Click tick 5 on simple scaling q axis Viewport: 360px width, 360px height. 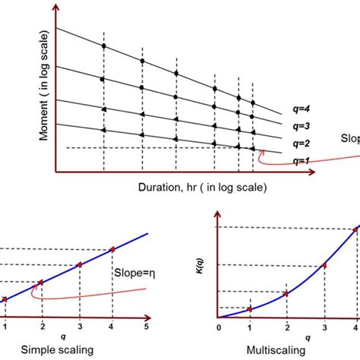(147, 328)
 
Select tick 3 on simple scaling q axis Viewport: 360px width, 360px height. (78, 328)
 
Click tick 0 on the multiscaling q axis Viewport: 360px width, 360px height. (218, 328)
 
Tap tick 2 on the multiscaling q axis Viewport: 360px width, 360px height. (286, 328)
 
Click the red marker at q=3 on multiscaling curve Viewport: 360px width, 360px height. (324, 265)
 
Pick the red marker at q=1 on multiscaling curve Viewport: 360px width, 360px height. (251, 309)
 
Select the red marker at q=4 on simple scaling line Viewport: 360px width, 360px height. (112, 248)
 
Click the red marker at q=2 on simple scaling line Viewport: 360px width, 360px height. (42, 283)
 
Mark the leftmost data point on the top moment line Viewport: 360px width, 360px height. (103, 47)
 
